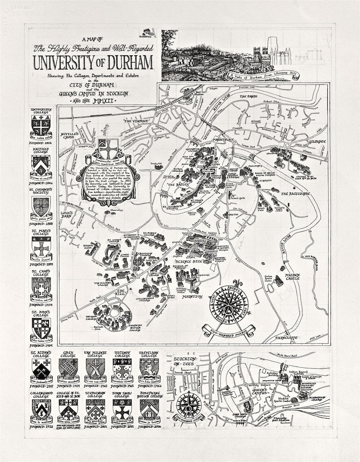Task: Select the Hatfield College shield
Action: [41, 164]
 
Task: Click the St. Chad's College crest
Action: [41, 287]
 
